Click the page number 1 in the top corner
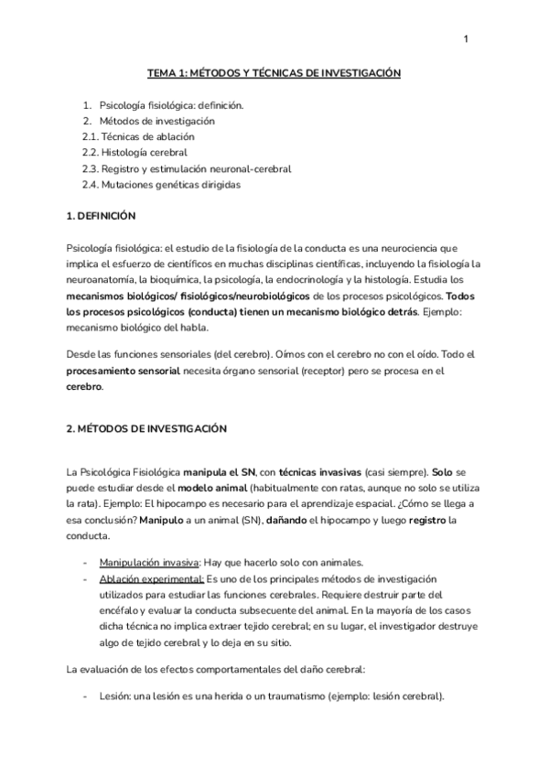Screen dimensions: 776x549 coord(466,39)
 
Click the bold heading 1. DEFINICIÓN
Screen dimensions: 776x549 coord(101,216)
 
